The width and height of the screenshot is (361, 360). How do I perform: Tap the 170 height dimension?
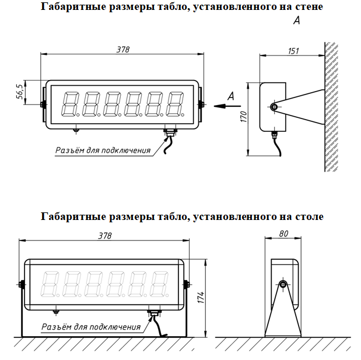tap(243, 119)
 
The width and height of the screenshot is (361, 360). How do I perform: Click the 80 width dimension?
tap(283, 233)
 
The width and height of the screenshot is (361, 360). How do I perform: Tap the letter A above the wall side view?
tap(296, 21)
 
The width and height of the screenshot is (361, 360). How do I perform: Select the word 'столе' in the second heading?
tap(308, 216)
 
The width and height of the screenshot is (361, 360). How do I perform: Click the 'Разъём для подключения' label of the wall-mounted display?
tap(103, 151)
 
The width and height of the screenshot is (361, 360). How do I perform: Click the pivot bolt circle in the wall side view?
tap(274, 106)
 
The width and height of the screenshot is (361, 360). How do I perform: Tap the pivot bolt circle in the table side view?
tap(282, 285)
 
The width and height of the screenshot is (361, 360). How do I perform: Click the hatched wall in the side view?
tap(331, 105)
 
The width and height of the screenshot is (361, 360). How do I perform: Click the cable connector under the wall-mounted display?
tap(169, 134)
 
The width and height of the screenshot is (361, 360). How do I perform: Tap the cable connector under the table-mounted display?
tap(153, 314)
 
